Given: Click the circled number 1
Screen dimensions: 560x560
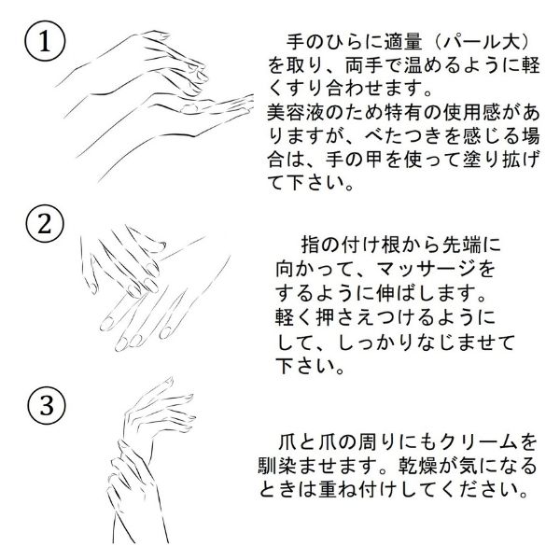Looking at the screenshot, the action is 45,41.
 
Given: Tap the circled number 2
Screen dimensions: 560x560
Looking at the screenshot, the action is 45,224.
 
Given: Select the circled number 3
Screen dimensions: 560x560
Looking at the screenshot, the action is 47,405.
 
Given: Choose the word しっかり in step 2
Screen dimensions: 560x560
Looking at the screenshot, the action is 375,343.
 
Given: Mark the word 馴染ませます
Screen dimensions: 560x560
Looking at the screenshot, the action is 316,466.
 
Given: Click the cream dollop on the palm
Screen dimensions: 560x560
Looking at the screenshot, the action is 189,107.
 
